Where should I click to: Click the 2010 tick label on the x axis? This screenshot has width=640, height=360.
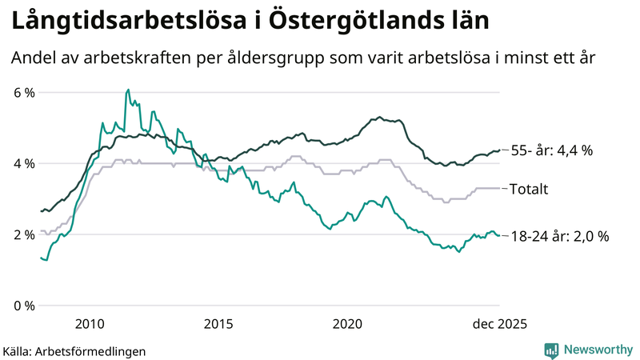click(x=89, y=323)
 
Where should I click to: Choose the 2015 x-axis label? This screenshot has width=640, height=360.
click(x=218, y=323)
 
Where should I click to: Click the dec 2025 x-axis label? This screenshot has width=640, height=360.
click(x=498, y=323)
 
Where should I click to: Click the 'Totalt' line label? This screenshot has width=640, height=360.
click(x=529, y=190)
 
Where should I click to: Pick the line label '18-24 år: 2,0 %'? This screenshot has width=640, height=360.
click(x=559, y=236)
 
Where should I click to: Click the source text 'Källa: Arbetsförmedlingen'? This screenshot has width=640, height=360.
click(x=74, y=350)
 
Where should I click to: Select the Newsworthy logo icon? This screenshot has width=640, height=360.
click(x=551, y=350)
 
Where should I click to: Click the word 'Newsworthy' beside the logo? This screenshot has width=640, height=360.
click(x=597, y=350)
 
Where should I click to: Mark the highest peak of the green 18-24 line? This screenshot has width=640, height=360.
click(x=128, y=90)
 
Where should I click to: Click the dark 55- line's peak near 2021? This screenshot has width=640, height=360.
click(x=379, y=117)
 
